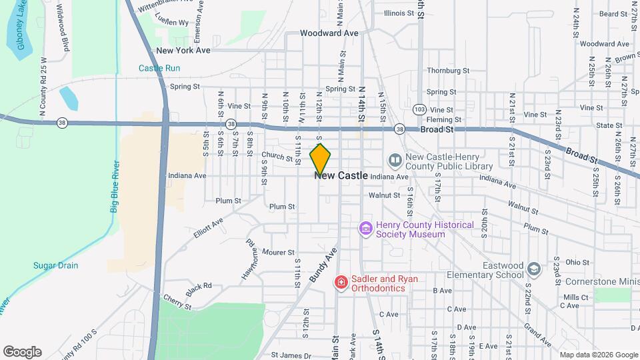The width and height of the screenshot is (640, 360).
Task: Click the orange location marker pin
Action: tap(321, 159)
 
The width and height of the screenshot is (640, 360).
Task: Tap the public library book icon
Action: tap(395, 161)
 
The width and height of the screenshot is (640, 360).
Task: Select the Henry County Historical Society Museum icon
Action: tap(365, 229)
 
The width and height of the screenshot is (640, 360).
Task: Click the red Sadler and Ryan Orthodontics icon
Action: tap(341, 283)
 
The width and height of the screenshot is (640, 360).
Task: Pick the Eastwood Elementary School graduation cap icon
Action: tap(533, 269)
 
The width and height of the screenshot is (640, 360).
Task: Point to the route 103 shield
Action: tap(419, 109)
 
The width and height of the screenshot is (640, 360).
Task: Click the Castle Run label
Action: tap(159, 68)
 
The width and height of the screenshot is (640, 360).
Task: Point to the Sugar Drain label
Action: tap(56, 265)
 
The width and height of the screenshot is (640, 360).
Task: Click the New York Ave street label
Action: tap(183, 50)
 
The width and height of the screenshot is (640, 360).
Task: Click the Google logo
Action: tap(22, 352)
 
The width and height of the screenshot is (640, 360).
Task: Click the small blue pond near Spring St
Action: tap(69, 99)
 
